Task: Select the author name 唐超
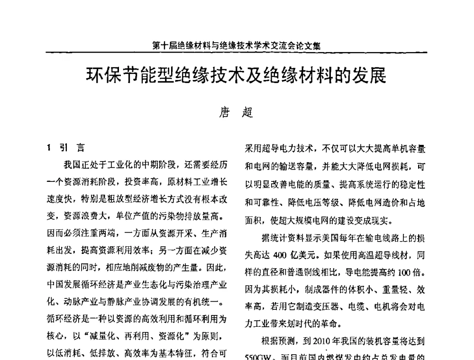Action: point(236,112)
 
